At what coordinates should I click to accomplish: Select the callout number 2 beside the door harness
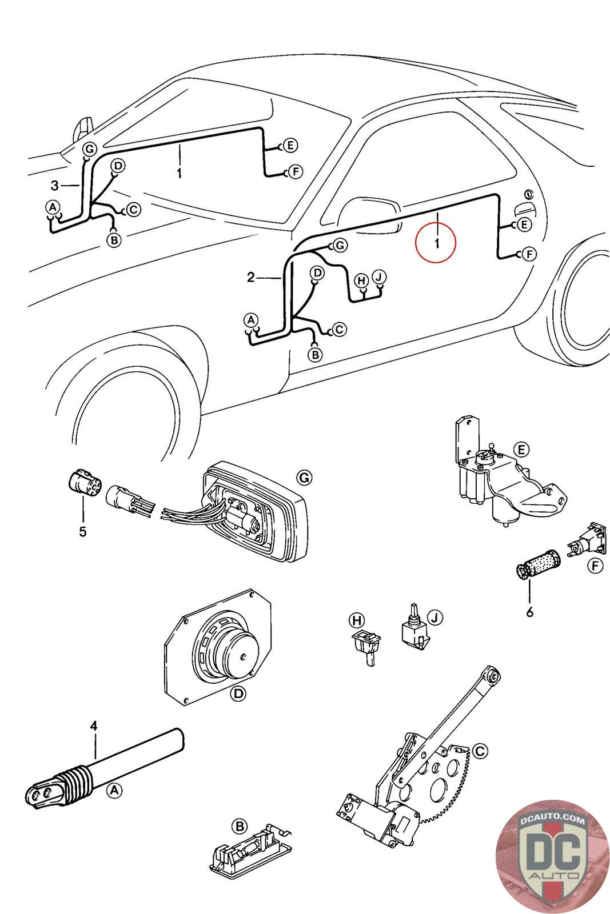pyautogui.click(x=250, y=278)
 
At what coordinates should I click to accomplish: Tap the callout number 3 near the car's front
pyautogui.click(x=55, y=185)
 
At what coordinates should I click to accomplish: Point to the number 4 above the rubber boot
pyautogui.click(x=94, y=726)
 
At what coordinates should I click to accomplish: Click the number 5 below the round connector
pyautogui.click(x=83, y=532)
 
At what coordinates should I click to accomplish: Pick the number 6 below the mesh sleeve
pyautogui.click(x=530, y=612)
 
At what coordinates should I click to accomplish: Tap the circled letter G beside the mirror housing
pyautogui.click(x=304, y=477)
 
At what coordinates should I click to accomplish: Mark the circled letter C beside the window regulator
pyautogui.click(x=480, y=750)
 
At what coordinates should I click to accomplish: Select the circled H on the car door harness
pyautogui.click(x=361, y=280)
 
